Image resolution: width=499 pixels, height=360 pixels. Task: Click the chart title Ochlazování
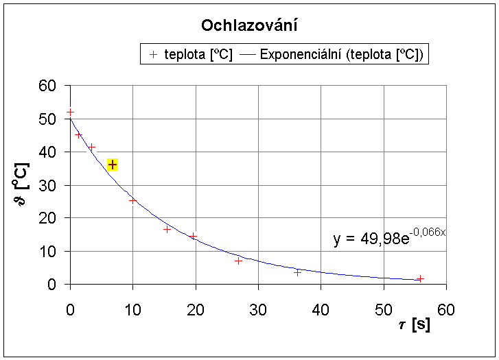pyautogui.click(x=248, y=26)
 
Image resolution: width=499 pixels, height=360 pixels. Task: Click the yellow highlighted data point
pyautogui.click(x=113, y=165)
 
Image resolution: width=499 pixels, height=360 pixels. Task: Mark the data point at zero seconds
pyautogui.click(x=70, y=111)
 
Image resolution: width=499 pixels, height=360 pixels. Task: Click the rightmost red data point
pyautogui.click(x=420, y=278)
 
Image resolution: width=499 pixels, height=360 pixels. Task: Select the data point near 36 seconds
pyautogui.click(x=297, y=272)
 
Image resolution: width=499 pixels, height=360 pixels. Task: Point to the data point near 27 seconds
pyautogui.click(x=238, y=261)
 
